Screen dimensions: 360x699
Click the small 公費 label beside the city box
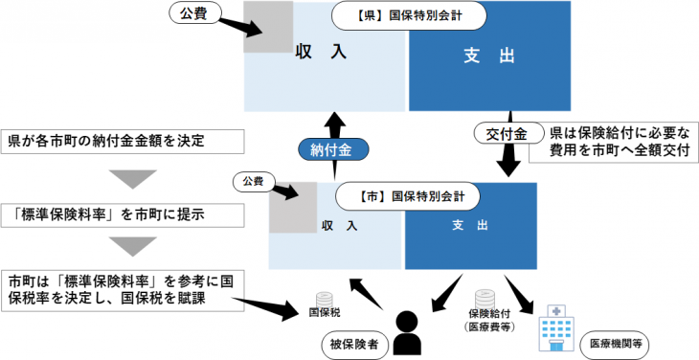pyautogui.click(x=252, y=179)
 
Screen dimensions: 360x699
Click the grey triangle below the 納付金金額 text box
pyautogui.click(x=131, y=179)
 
